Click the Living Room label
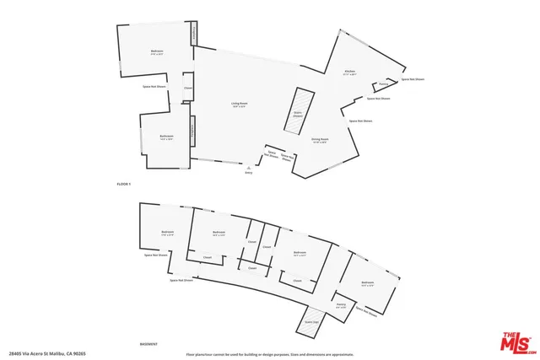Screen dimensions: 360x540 click(x=239, y=105)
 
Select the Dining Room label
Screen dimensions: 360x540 click(x=319, y=140)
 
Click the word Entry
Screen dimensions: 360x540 click(x=248, y=172)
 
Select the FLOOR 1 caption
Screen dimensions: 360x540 click(x=124, y=183)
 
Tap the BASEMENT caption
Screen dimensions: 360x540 click(x=148, y=344)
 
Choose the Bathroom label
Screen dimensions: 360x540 click(x=166, y=137)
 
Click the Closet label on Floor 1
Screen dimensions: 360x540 click(x=188, y=89)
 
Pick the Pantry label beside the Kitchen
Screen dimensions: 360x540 click(x=383, y=84)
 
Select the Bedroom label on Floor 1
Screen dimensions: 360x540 click(x=157, y=52)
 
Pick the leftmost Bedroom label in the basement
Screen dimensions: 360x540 click(x=167, y=233)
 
